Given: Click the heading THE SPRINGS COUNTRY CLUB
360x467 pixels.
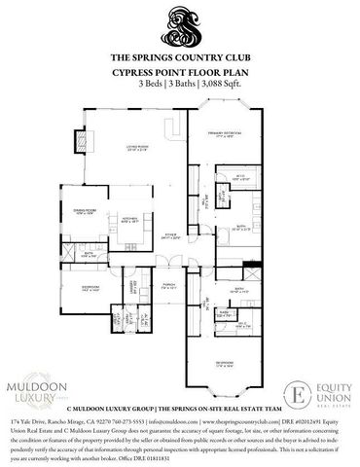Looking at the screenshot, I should pos(179,58).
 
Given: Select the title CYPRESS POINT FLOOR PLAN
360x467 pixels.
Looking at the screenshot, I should pos(179,72).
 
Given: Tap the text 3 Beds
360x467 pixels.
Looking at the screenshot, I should pos(151,84).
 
